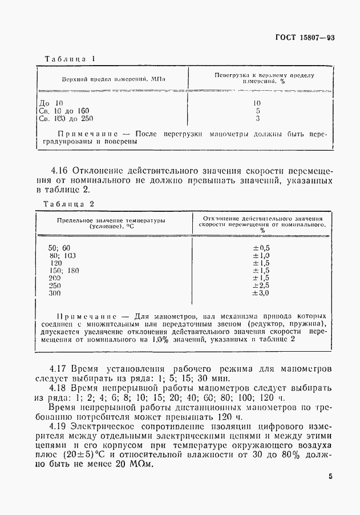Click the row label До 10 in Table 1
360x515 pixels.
(x=52, y=103)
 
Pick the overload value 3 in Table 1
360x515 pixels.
(x=257, y=119)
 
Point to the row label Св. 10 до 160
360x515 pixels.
(x=64, y=111)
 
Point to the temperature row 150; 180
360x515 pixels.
(x=63, y=270)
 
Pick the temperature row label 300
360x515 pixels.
(x=55, y=293)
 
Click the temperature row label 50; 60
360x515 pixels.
(x=59, y=247)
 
